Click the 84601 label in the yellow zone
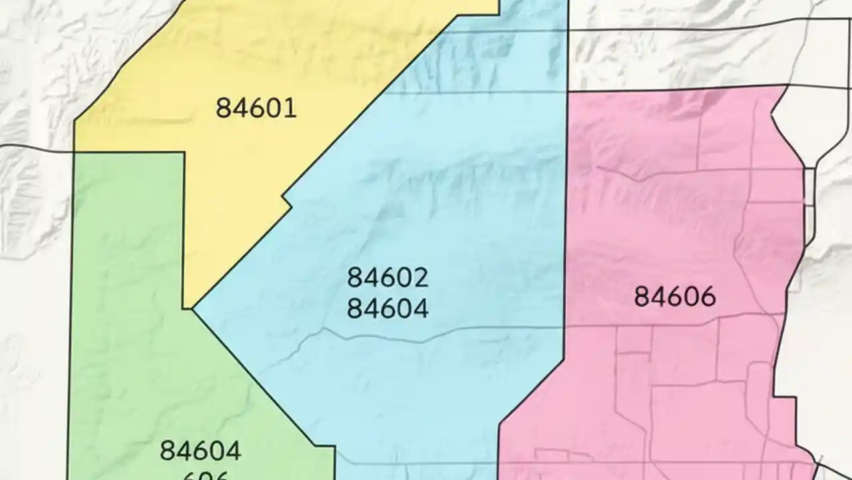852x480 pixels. point(256,107)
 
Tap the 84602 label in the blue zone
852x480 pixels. point(387,278)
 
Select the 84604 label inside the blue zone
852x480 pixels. point(387,308)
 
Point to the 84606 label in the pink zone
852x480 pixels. point(674,296)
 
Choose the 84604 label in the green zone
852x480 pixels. point(200,451)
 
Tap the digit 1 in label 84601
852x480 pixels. point(290,107)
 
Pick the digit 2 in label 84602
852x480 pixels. point(421,278)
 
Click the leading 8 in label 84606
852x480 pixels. point(642,296)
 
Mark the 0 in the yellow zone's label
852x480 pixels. point(274,107)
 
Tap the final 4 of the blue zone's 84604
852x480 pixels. point(421,308)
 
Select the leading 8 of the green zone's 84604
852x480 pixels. point(167,451)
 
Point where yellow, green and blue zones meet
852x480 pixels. point(192,309)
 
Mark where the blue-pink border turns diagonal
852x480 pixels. point(564,359)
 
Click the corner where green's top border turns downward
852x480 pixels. point(184,153)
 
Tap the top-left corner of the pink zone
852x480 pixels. point(566,92)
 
